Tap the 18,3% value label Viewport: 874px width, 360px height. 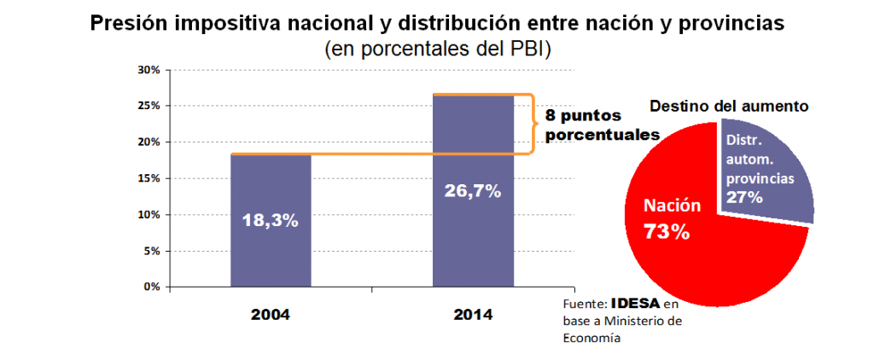coord(271,220)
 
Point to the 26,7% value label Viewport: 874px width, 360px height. coord(473,191)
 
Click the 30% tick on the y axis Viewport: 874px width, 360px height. coord(149,70)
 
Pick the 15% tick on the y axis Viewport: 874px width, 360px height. coord(149,178)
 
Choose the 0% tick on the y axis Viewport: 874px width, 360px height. coord(152,287)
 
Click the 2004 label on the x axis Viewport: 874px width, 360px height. coord(271,314)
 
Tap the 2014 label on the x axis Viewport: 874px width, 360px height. coord(473,314)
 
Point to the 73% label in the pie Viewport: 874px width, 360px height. coord(667,230)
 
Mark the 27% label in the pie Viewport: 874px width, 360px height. coord(743,197)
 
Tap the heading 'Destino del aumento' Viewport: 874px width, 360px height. coord(729,107)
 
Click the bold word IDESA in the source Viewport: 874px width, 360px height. coord(636,304)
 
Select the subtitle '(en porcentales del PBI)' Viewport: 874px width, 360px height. coord(438,49)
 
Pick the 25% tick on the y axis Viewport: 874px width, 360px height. coord(149,106)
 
